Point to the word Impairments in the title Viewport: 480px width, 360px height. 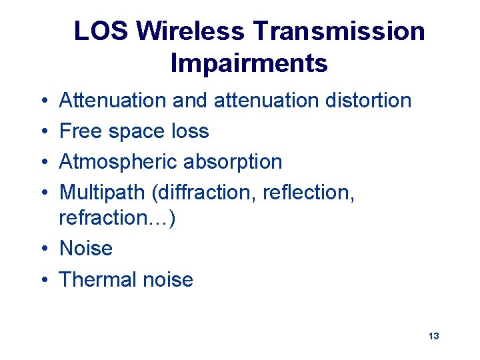pyautogui.click(x=249, y=63)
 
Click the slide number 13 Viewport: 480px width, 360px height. pyautogui.click(x=433, y=336)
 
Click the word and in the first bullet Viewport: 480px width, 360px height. pyautogui.click(x=189, y=101)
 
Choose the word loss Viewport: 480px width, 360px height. pyautogui.click(x=191, y=131)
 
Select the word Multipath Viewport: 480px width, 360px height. pyautogui.click(x=103, y=193)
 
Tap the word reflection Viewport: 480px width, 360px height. pyautogui.click(x=309, y=193)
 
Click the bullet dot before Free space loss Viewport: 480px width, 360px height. pyautogui.click(x=43, y=132)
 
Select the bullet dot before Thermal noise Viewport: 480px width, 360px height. pyautogui.click(x=43, y=280)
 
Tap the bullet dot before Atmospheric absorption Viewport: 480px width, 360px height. pyautogui.click(x=43, y=163)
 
